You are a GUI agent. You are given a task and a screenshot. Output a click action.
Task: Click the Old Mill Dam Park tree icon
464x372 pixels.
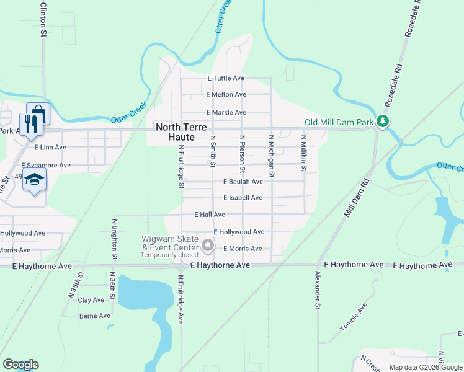383,122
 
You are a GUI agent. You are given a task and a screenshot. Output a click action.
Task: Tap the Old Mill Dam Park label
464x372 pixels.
339,122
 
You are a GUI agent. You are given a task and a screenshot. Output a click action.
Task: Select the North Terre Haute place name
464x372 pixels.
175,131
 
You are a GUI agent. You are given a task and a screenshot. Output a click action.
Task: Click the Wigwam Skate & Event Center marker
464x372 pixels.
208,247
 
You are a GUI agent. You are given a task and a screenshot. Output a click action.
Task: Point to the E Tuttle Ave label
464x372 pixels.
226,78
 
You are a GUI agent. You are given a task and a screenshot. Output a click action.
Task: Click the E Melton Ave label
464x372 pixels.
226,95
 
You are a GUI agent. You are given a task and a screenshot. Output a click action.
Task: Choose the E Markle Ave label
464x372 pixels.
226,113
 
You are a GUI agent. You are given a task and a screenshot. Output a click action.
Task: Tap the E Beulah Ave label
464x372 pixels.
243,182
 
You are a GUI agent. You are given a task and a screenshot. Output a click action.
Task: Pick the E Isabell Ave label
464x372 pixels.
243,198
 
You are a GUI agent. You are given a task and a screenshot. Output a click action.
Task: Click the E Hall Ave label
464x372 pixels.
209,215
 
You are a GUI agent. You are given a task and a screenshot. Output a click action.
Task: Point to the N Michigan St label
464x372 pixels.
272,154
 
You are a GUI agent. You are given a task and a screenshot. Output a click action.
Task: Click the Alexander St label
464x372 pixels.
317,290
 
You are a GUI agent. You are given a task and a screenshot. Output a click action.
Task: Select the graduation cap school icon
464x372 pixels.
35,180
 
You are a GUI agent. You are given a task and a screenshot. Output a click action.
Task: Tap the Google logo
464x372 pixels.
20,365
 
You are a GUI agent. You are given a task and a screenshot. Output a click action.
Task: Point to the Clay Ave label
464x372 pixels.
91,300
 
